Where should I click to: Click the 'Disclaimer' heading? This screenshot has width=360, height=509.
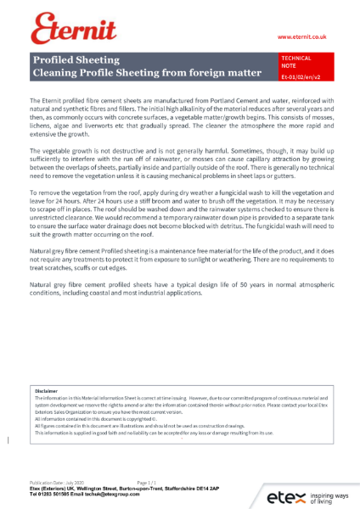click(46, 391)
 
